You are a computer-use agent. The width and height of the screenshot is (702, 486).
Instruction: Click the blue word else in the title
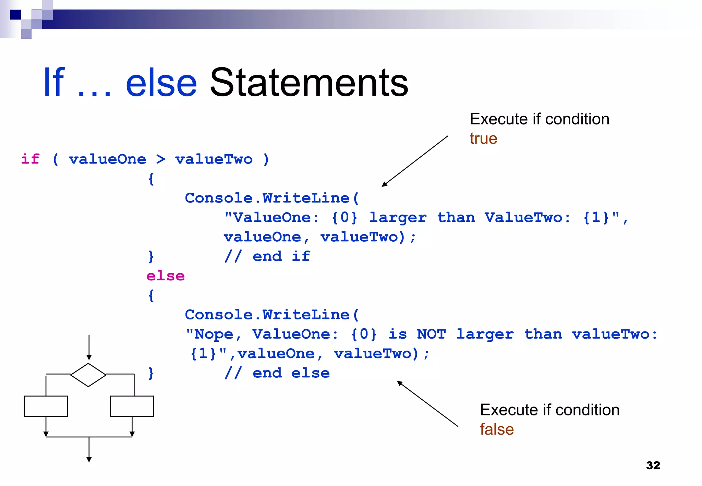pyautogui.click(x=161, y=83)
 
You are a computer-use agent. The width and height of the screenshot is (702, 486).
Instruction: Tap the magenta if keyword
pyautogui.click(x=30, y=159)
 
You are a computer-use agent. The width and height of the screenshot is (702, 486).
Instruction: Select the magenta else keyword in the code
pyautogui.click(x=166, y=276)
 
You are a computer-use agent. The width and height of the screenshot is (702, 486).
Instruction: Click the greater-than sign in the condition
pyautogui.click(x=160, y=159)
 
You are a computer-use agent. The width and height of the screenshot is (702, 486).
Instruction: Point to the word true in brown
pyautogui.click(x=483, y=139)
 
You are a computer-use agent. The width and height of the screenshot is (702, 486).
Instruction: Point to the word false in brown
pyautogui.click(x=497, y=429)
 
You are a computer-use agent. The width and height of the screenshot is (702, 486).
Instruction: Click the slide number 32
pyautogui.click(x=653, y=465)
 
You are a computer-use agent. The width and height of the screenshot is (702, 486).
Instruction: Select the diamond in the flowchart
pyautogui.click(x=88, y=375)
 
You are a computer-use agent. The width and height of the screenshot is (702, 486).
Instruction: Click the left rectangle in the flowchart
pyautogui.click(x=46, y=406)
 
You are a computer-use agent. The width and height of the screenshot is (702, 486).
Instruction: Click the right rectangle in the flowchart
pyautogui.click(x=132, y=406)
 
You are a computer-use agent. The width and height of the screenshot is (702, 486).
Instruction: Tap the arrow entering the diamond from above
pyautogui.click(x=89, y=348)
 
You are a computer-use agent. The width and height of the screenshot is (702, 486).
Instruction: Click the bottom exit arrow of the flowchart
pyautogui.click(x=89, y=450)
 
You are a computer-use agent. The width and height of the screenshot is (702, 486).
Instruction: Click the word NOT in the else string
pyautogui.click(x=431, y=334)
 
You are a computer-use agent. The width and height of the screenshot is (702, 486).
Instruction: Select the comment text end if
pyautogui.click(x=281, y=256)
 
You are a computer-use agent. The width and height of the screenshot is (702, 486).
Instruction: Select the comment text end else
pyautogui.click(x=291, y=373)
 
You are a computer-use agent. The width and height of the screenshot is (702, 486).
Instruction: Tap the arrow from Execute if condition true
pyautogui.click(x=415, y=161)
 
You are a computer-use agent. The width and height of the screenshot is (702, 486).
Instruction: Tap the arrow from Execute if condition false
pyautogui.click(x=427, y=404)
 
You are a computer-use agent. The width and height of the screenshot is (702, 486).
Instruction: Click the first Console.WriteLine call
pyautogui.click(x=271, y=198)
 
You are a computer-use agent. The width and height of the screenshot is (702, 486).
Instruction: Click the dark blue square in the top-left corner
pyautogui.click(x=15, y=14)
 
